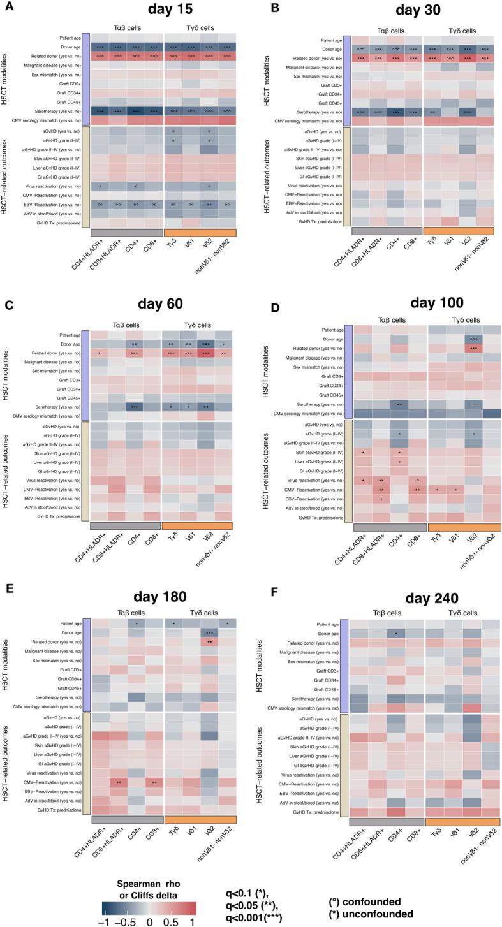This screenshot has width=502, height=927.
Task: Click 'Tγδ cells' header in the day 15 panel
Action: [200, 27]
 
